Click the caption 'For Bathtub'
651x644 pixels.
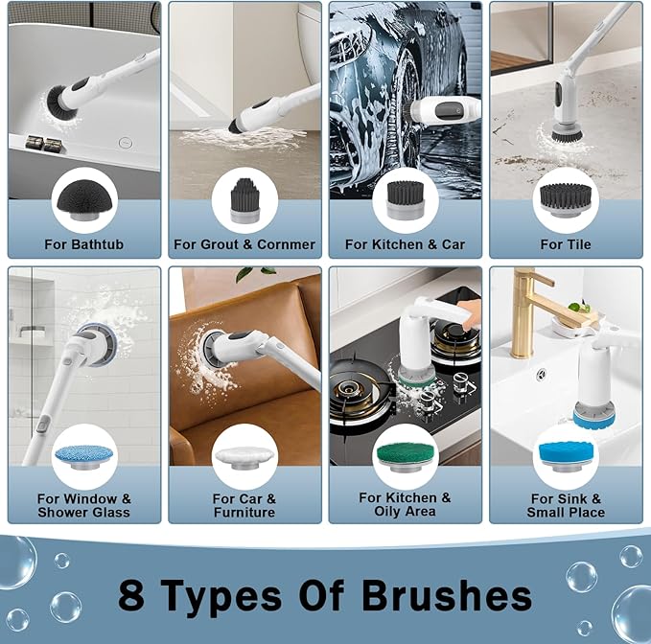[83, 244]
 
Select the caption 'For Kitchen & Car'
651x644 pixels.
[405, 244]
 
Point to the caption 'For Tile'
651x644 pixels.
[566, 244]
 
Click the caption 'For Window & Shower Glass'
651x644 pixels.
[83, 505]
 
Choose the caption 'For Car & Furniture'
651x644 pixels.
[244, 505]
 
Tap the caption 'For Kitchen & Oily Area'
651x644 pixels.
[405, 505]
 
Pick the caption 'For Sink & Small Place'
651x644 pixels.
[566, 505]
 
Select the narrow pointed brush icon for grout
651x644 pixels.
[244, 198]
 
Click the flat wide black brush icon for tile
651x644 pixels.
[566, 198]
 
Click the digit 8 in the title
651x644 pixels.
[131, 595]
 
